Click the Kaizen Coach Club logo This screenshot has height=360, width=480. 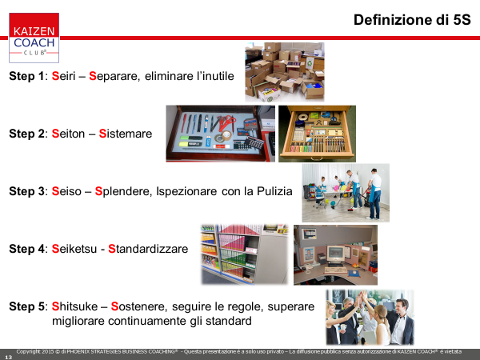[34, 38]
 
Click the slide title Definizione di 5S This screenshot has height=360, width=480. [412, 20]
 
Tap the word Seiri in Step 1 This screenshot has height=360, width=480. [63, 76]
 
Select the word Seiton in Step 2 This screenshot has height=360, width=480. [68, 134]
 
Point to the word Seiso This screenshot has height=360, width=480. [66, 191]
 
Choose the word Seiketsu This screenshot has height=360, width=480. [74, 249]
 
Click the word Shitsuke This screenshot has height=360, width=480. [74, 306]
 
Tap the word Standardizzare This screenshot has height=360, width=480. [148, 249]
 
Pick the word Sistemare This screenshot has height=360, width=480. [126, 134]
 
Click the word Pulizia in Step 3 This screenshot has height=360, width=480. [274, 191]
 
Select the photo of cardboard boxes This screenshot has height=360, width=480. [285, 72]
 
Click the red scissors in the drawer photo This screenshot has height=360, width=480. [226, 122]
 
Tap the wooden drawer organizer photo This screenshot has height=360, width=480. [317, 134]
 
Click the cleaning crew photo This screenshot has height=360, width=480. [346, 193]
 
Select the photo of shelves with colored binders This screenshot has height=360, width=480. [245, 254]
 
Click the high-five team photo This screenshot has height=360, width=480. [370, 318]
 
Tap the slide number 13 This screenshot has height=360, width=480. [9, 357]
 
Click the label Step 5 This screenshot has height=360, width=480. [27, 306]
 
